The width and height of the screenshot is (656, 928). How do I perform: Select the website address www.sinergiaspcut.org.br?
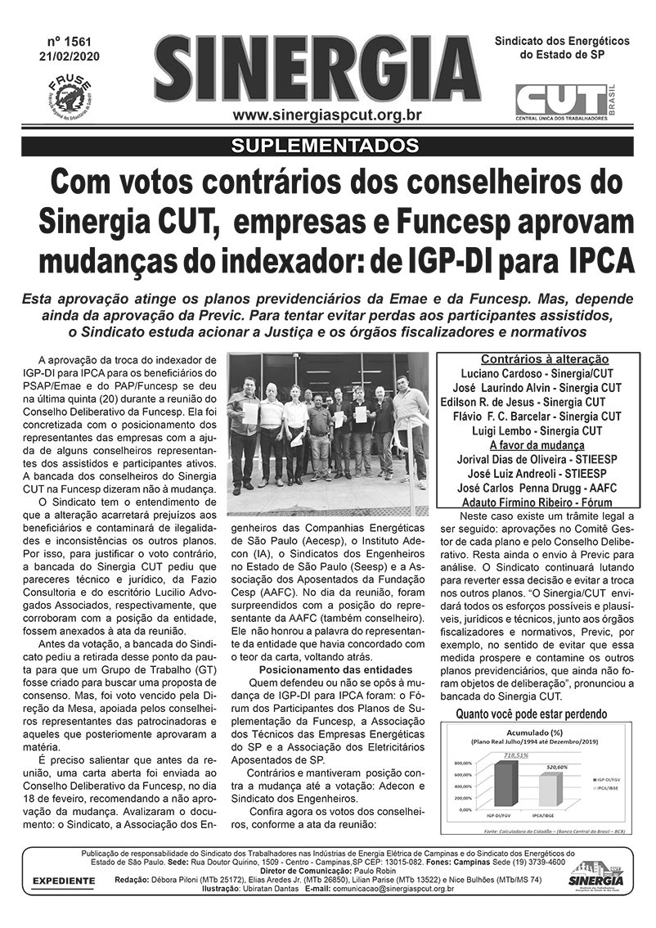[x=326, y=115]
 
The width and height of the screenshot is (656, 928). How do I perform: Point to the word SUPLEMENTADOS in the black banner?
[x=326, y=146]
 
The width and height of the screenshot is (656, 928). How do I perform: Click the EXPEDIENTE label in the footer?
[x=63, y=881]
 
